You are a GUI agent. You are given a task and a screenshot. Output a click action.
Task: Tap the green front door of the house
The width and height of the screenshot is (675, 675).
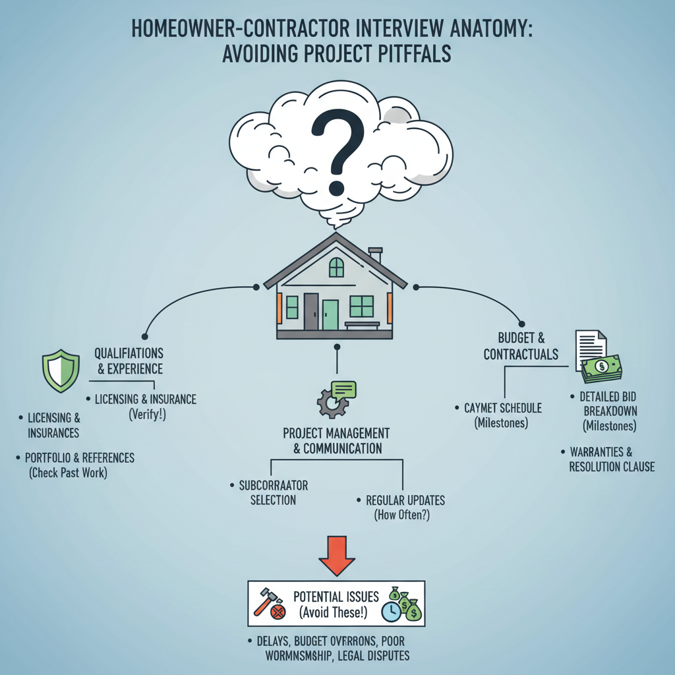pyautogui.click(x=330, y=314)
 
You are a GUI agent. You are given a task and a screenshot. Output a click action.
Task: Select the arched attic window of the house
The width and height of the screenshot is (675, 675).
pyautogui.click(x=336, y=267)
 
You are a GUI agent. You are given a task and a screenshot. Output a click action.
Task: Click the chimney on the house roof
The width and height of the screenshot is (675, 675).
pyautogui.click(x=376, y=254)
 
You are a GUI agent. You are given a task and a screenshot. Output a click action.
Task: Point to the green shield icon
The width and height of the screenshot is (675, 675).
pyautogui.click(x=60, y=371)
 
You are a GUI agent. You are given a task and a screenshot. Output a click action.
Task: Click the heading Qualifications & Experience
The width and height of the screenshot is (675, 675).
pyautogui.click(x=129, y=361)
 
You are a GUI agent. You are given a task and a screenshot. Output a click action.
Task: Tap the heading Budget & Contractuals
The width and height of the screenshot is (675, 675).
pyautogui.click(x=521, y=346)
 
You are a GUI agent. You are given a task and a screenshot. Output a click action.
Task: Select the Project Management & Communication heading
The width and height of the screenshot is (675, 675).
pyautogui.click(x=336, y=441)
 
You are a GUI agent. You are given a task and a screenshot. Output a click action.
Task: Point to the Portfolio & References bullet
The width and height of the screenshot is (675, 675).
pyautogui.click(x=79, y=457)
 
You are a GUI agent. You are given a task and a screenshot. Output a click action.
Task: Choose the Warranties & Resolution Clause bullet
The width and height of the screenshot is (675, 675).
pyautogui.click(x=612, y=459)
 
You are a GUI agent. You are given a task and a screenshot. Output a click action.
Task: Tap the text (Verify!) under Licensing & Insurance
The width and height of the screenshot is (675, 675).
pyautogui.click(x=146, y=414)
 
